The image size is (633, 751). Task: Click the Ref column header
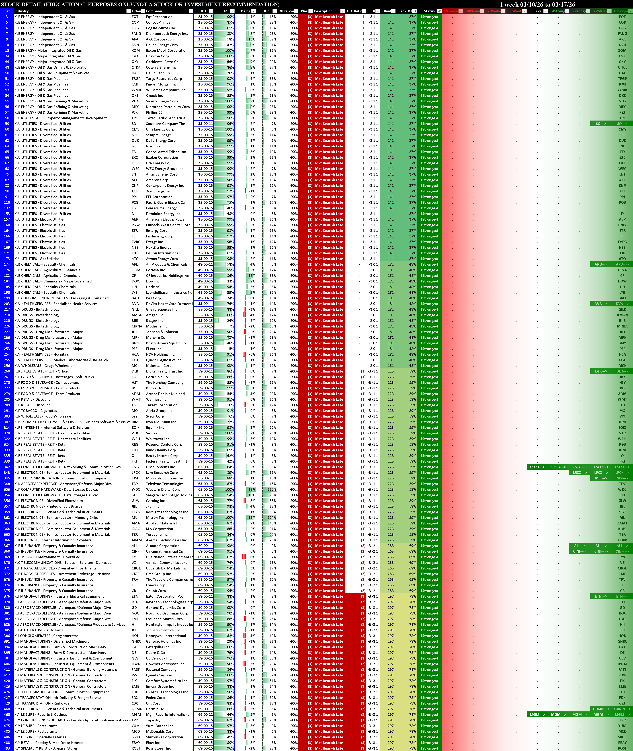click(x=7, y=11)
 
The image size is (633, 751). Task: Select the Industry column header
click(x=22, y=11)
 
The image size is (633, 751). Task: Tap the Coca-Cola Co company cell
click(x=157, y=377)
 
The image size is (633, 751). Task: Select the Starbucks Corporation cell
click(x=164, y=737)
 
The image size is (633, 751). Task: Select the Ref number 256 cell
click(x=7, y=366)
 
